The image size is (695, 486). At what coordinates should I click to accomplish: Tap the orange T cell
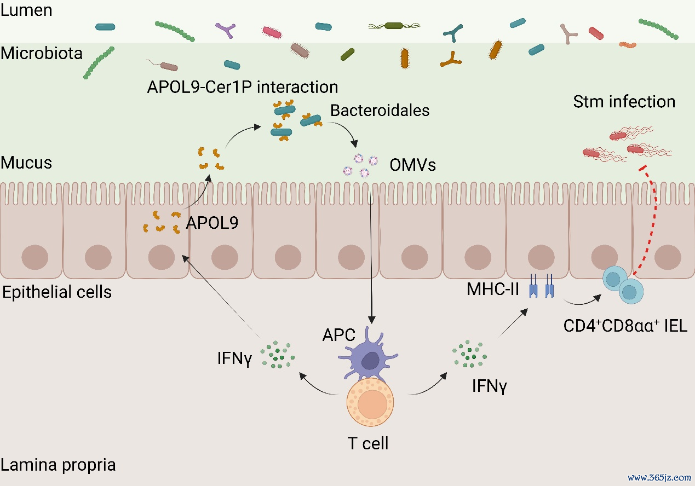370,402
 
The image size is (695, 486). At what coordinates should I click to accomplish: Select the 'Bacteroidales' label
380,111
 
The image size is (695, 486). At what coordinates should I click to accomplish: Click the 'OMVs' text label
412,165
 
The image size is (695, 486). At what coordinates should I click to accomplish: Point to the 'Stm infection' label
624,102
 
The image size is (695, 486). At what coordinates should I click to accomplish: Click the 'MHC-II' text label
493,289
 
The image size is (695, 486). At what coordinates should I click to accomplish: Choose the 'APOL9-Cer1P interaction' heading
243,87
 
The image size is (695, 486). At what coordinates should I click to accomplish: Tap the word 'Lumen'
26,10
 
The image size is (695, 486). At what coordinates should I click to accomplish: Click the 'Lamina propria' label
58,465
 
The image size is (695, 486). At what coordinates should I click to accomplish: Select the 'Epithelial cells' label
57,292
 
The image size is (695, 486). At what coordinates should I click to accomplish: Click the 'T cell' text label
368,443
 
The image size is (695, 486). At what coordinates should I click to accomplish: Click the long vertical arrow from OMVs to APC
371,257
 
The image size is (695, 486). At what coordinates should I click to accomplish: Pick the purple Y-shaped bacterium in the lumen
226,30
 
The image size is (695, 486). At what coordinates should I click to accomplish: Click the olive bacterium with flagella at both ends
394,26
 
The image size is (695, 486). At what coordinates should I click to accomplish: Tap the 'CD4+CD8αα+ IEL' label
625,326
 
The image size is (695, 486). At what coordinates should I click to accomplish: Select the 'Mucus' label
26,163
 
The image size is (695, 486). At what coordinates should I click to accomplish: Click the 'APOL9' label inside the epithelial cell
212,223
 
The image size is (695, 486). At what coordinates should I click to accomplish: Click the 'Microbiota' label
42,53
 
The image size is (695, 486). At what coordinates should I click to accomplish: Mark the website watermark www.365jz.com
659,477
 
